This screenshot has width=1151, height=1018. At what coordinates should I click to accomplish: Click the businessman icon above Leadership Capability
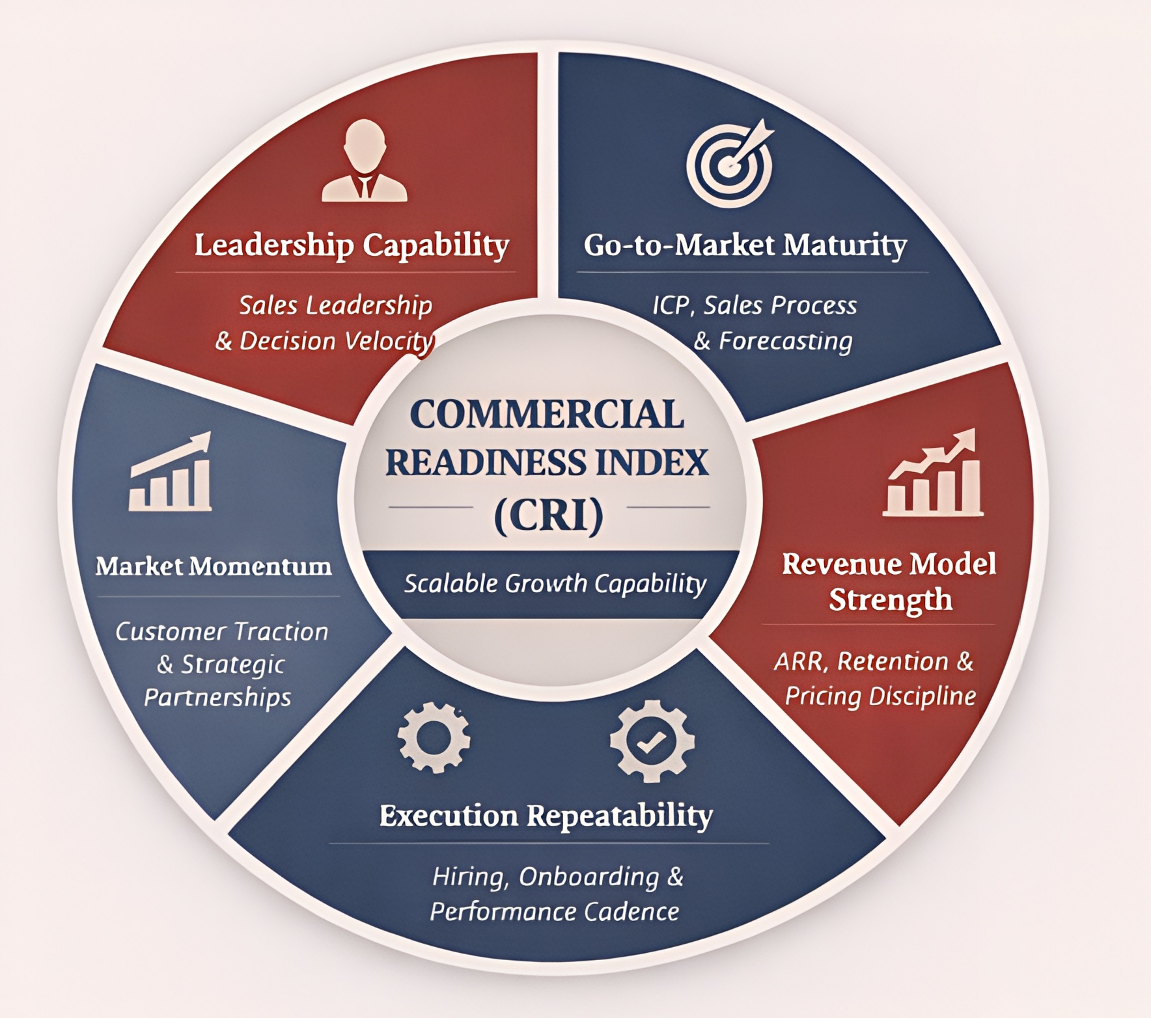point(365,161)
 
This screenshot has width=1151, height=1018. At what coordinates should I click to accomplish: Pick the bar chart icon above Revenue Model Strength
point(933,474)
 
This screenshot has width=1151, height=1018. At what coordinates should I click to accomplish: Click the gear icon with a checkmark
point(652,741)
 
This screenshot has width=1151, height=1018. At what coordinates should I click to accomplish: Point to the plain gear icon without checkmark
point(434,737)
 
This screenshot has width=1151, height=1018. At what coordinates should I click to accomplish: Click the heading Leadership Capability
point(352,245)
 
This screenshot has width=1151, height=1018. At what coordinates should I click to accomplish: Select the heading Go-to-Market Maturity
point(745,245)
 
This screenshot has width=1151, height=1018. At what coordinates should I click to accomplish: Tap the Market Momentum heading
point(214,566)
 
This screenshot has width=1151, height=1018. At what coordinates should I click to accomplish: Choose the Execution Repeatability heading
point(546,816)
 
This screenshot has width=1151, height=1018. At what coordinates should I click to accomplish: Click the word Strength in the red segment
point(890,599)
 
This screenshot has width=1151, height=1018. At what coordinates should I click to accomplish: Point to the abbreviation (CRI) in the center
point(548,516)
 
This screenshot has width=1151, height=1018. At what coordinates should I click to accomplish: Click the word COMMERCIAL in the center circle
point(547,415)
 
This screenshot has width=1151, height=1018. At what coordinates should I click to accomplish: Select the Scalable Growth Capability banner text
point(555,584)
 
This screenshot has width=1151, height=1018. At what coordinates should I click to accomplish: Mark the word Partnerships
point(217,698)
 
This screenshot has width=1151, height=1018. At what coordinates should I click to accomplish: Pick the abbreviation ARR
point(801,662)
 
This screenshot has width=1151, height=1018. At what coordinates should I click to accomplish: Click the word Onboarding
point(589,877)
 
